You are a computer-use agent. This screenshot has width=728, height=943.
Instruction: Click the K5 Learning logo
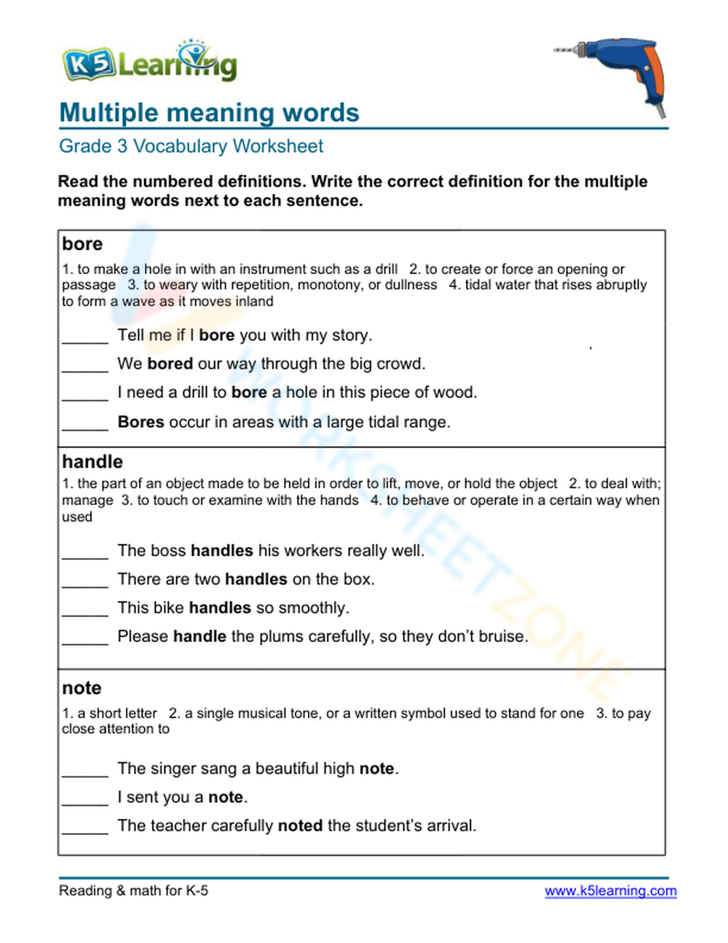pos(149,63)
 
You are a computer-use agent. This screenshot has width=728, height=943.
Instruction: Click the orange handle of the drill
pos(653,77)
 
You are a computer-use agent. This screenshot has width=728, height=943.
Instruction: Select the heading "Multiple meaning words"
pos(209,113)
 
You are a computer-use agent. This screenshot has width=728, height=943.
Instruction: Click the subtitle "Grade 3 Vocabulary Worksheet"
pos(191,146)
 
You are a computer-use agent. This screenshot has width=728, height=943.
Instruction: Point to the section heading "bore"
pos(82,243)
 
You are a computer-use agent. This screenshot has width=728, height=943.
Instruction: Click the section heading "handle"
pos(92,461)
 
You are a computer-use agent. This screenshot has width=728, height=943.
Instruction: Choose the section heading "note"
pos(82,688)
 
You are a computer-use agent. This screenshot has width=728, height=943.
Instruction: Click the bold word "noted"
pos(300,826)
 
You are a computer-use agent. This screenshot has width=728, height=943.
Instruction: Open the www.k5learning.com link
pos(610,891)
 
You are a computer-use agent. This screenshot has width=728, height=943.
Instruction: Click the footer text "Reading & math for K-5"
pos(133,891)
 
